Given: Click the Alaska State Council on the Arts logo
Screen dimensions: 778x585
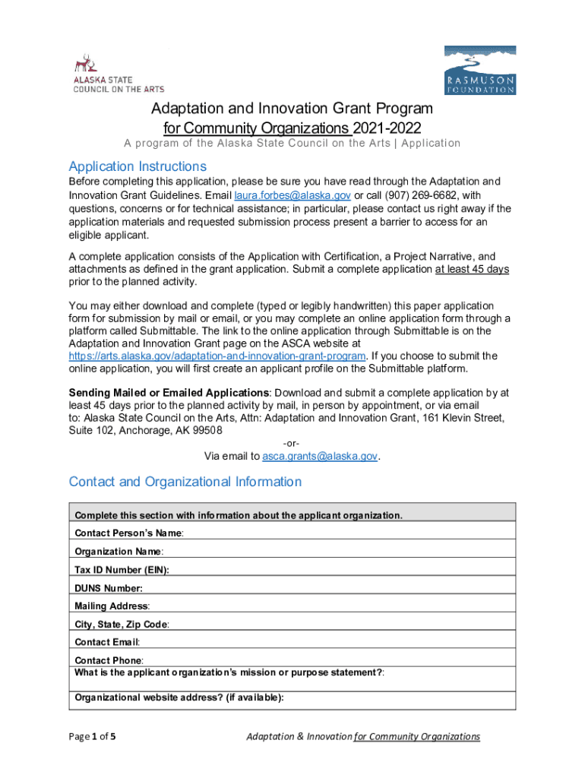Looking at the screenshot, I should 117,73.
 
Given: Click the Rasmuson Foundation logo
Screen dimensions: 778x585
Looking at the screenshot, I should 479,70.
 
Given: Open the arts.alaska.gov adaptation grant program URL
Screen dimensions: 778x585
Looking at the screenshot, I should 217,356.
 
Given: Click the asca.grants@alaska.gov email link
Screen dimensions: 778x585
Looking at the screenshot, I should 320,456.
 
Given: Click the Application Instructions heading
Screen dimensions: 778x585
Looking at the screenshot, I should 138,166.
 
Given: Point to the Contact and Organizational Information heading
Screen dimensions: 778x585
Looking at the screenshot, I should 185,482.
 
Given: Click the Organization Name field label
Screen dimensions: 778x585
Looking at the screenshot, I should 119,552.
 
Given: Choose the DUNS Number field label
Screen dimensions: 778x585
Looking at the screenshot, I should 109,588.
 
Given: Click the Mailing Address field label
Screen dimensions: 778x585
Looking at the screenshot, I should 112,606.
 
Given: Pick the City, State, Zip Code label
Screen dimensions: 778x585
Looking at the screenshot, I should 122,625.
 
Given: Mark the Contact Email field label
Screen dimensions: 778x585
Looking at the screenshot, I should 107,643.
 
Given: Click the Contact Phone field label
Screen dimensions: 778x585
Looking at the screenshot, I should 109,661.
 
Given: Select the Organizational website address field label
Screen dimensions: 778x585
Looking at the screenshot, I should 179,697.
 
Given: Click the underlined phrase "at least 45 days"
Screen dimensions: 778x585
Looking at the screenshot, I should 471,270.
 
